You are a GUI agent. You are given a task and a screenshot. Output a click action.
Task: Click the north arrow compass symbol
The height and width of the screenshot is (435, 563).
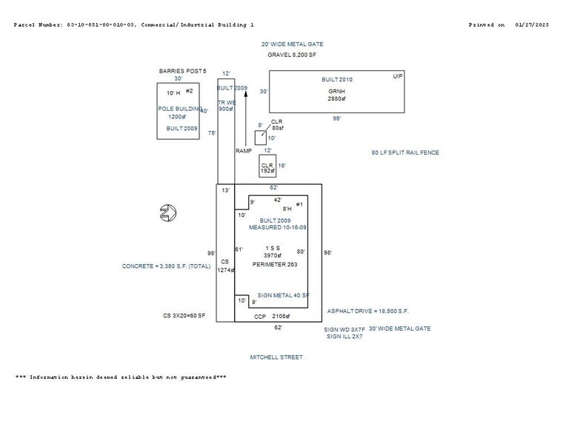click(x=168, y=214)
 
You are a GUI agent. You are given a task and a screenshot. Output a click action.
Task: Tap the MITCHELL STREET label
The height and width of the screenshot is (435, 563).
click(x=276, y=357)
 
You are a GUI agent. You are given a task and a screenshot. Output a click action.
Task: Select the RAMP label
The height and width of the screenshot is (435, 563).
click(x=244, y=151)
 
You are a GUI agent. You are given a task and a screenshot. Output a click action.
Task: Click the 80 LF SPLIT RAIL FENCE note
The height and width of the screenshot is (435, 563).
click(x=405, y=153)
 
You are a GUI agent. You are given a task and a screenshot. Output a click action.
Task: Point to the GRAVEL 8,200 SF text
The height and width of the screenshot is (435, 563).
click(x=292, y=55)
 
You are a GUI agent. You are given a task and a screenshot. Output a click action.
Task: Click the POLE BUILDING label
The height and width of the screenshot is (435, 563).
click(x=176, y=109)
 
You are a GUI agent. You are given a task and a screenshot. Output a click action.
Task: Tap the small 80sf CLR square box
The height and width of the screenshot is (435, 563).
click(x=260, y=138)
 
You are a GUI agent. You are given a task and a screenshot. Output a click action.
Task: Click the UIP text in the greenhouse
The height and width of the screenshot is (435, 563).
click(x=398, y=76)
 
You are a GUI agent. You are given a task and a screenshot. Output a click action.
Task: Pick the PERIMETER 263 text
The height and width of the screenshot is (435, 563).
click(x=275, y=264)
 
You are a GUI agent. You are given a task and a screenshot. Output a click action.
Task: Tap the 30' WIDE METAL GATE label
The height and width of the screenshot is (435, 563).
click(x=400, y=328)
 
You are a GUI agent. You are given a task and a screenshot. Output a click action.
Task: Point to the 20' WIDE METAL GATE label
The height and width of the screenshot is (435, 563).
click(x=296, y=44)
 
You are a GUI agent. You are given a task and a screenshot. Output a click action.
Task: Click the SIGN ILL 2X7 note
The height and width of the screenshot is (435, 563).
click(x=344, y=337)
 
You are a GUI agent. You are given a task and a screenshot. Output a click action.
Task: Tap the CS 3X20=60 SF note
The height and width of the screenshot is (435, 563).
click(x=184, y=316)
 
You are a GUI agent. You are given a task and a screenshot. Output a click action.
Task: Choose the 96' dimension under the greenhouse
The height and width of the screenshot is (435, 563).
click(x=336, y=118)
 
